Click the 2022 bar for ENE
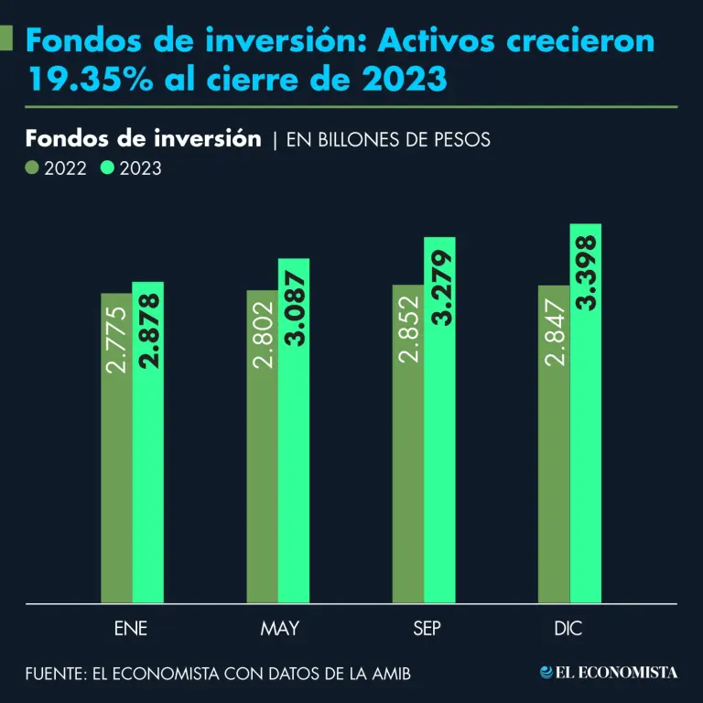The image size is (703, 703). point(116,449)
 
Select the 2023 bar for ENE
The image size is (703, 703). point(147,443)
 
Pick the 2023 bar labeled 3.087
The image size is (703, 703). point(294,431)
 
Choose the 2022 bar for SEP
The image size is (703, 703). point(408,444)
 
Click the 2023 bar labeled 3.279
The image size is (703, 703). point(440,420)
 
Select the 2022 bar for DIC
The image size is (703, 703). point(554,445)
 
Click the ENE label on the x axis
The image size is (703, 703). point(131,629)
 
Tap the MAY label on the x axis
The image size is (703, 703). point(279,629)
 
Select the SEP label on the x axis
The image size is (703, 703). point(424,629)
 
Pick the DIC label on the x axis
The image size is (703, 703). point(568,629)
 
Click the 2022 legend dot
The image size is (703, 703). point(32,168)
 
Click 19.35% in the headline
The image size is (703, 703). point(81,80)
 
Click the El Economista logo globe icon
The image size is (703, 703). point(546,673)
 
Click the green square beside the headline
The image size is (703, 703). point(5,38)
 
